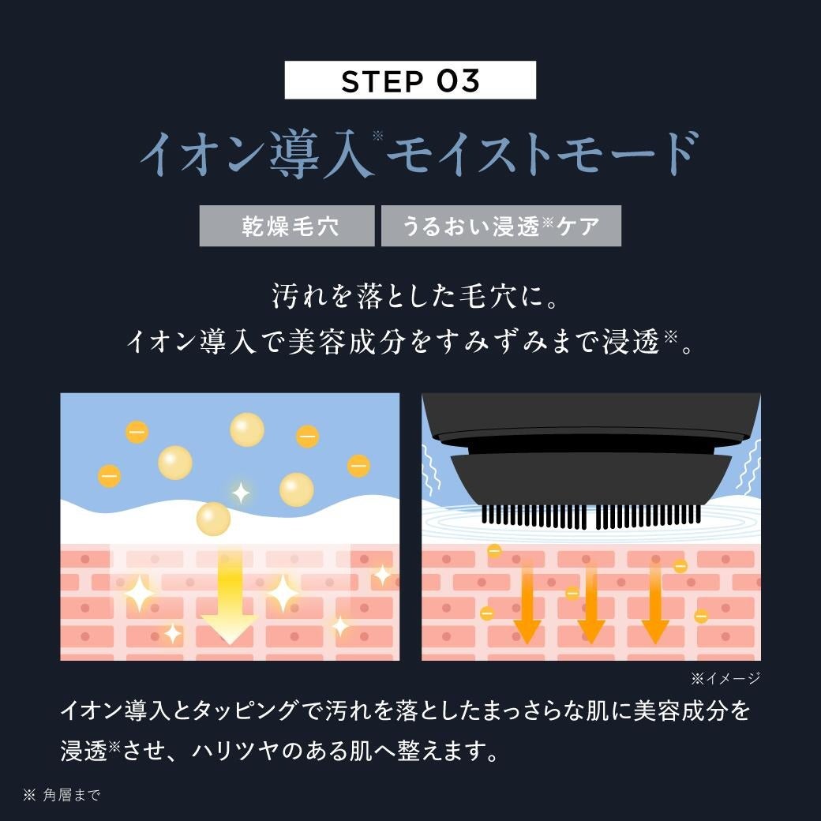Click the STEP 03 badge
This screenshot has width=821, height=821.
coord(410,81)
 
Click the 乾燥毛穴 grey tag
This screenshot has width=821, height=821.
coord(287,227)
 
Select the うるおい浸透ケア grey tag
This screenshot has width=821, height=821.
coord(500,227)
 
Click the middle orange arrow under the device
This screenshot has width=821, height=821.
coord(590,604)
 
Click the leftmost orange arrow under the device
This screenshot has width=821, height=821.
coord(527,604)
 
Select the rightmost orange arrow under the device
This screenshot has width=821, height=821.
coord(655,604)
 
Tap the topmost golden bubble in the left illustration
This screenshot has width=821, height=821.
coord(247,429)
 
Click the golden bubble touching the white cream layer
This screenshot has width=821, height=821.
coord(213,519)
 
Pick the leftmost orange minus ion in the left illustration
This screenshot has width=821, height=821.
coord(109,476)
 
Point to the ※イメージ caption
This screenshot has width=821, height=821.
coord(725,678)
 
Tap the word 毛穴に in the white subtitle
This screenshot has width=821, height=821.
coord(513,298)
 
